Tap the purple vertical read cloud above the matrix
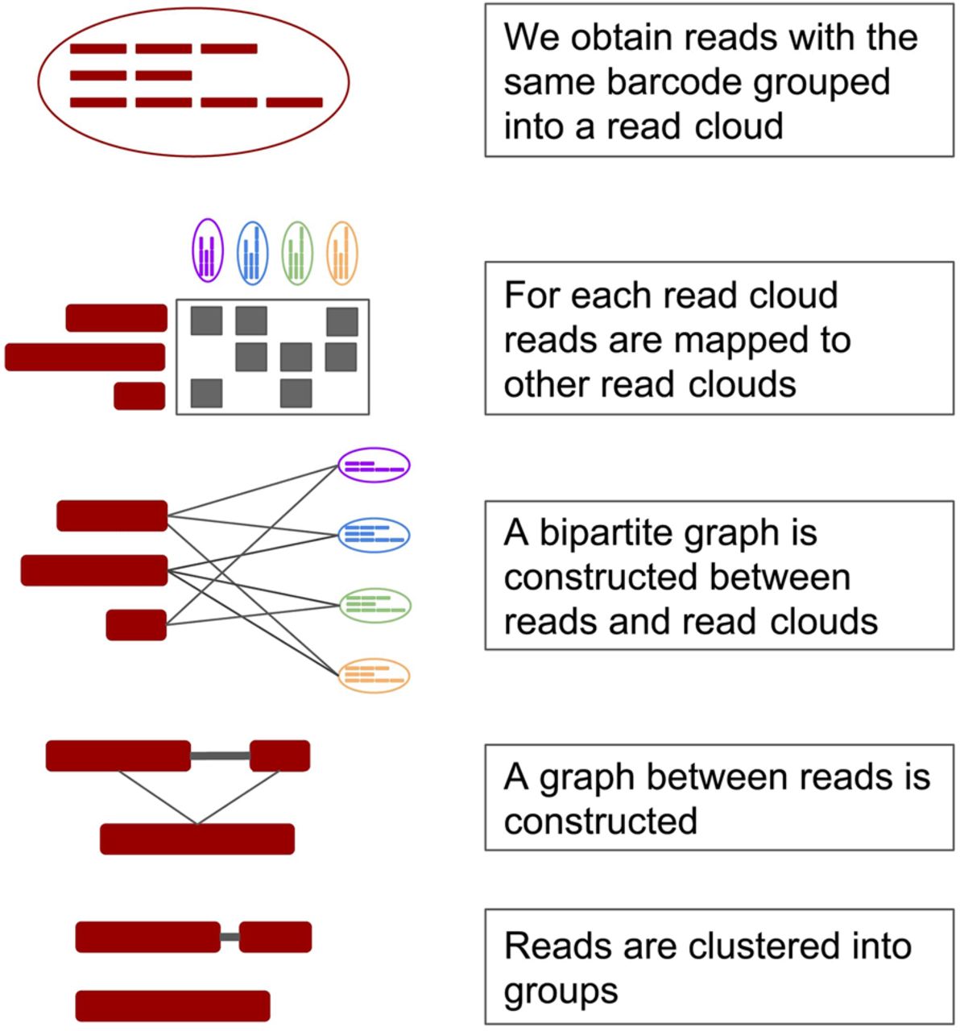[208, 251]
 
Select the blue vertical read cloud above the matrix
[252, 254]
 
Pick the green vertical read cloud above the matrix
[297, 254]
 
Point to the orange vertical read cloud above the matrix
[342, 254]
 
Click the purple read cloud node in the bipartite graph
[374, 465]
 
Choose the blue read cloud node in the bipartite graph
[374, 535]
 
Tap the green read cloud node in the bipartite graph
[374, 606]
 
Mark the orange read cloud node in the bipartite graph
[374, 676]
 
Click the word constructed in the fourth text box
[601, 820]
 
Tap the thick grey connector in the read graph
[220, 756]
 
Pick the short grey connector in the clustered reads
[230, 937]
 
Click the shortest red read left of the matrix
[139, 396]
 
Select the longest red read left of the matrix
[85, 357]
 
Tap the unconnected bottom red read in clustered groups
[173, 1006]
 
